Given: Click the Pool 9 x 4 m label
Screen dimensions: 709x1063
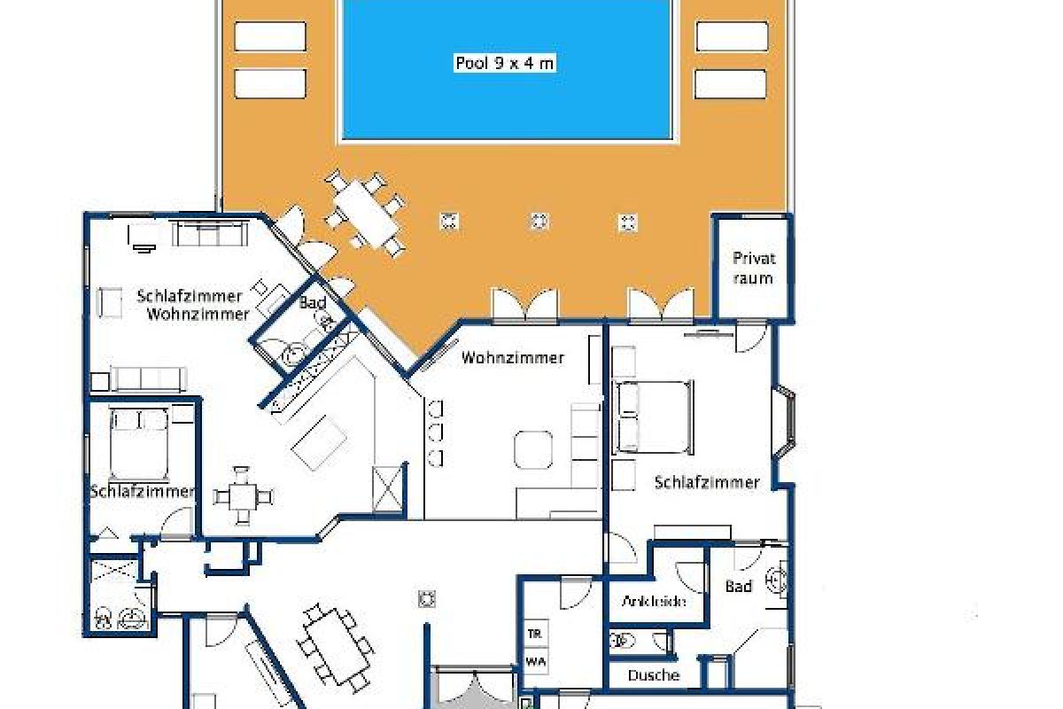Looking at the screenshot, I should (x=506, y=63).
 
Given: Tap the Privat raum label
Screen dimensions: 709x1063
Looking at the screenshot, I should (x=753, y=268).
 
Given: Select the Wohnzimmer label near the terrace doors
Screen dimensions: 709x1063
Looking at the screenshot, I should (x=512, y=358).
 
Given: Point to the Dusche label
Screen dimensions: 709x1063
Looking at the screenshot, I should (x=654, y=675).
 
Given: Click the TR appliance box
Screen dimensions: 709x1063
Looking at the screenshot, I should (x=534, y=634).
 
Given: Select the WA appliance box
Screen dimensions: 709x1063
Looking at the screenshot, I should (x=534, y=660).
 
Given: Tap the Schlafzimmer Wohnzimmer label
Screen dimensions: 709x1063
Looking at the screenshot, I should (x=190, y=304).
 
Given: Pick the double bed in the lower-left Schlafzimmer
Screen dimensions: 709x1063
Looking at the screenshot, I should (x=139, y=443).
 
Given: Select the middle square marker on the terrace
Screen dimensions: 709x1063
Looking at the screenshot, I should (x=539, y=221).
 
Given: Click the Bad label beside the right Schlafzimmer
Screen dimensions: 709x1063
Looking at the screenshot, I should (x=739, y=586).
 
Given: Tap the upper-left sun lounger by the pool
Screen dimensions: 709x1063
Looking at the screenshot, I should (x=270, y=36).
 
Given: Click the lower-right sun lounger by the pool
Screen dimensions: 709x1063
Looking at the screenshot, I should (x=731, y=84).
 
